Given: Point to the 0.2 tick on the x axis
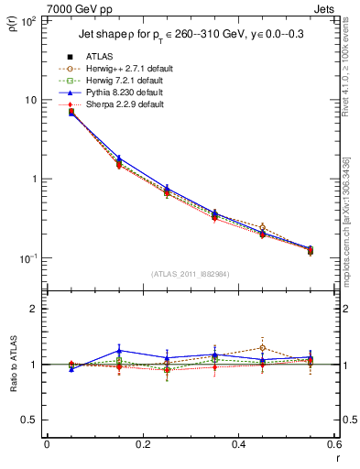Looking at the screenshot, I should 142,444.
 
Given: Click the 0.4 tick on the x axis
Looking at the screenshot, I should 238,444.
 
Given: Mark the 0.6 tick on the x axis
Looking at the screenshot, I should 333,444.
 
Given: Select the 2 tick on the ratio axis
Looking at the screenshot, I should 33,309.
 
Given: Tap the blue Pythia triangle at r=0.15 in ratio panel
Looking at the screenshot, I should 118,351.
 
